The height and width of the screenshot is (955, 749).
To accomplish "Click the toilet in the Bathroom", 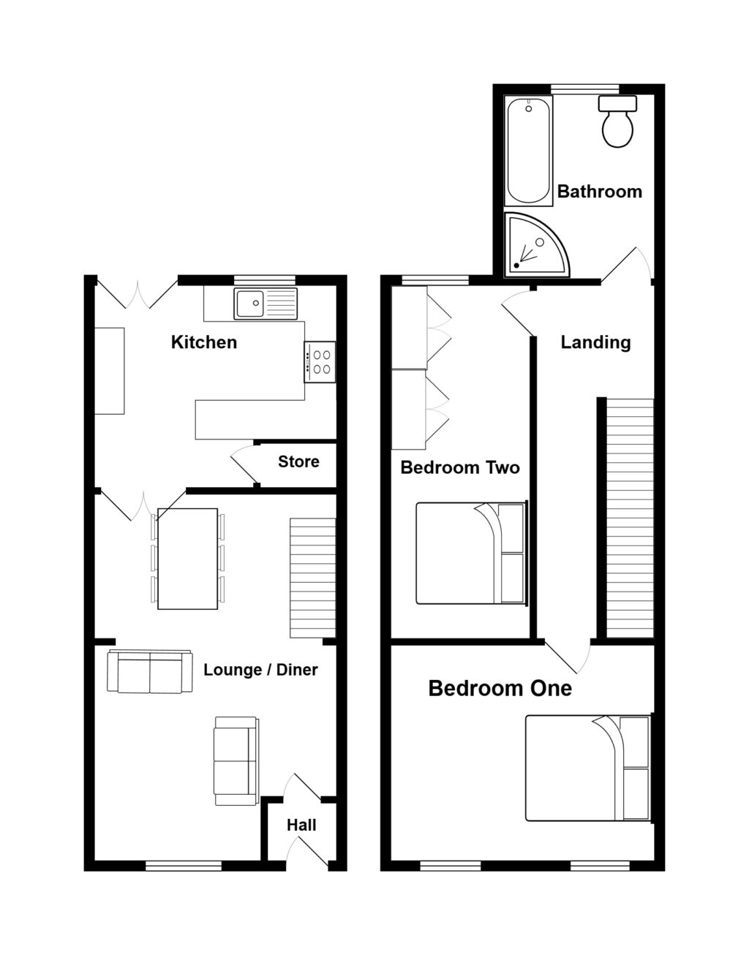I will [617, 123].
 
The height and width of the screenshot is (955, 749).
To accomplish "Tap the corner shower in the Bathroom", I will [532, 244].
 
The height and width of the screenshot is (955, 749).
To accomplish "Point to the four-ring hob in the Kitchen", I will [320, 362].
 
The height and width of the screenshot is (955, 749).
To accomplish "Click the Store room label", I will [298, 461].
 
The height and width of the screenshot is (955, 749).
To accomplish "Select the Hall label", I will [301, 825].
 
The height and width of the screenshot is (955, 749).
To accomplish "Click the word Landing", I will [595, 342].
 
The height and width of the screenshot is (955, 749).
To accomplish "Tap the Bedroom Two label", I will [460, 467].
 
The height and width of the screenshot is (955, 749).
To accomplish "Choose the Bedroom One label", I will [500, 688].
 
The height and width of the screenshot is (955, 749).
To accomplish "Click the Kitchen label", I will [203, 342].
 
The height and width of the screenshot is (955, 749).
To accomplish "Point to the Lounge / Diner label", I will [260, 670].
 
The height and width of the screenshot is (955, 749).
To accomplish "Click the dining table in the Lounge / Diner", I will [188, 559].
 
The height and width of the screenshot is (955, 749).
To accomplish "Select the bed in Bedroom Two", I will [470, 553].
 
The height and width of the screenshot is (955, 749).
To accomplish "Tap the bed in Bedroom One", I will [587, 768].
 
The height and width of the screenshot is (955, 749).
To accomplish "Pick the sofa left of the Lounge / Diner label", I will [150, 671].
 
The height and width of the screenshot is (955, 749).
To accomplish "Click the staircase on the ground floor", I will [313, 578].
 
